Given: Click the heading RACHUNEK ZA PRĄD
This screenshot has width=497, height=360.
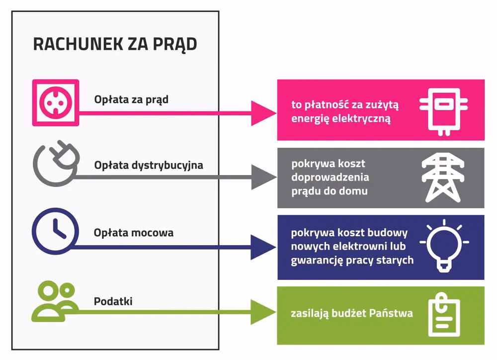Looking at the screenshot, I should pyautogui.click(x=115, y=44).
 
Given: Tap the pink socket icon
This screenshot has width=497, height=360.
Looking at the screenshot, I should pyautogui.click(x=55, y=102).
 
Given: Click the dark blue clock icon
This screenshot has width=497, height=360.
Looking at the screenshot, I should pyautogui.click(x=55, y=232).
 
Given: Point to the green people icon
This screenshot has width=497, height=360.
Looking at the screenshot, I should pyautogui.click(x=55, y=301).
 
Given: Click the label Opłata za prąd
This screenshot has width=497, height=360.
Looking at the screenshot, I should pyautogui.click(x=131, y=99).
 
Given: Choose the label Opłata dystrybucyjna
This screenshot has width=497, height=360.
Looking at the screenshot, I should pyautogui.click(x=149, y=165).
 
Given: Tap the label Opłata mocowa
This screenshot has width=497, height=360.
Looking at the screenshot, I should pyautogui.click(x=134, y=232).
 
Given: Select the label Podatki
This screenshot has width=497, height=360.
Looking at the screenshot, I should pyautogui.click(x=113, y=301).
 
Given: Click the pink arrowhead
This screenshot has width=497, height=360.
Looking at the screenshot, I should pyautogui.click(x=262, y=113).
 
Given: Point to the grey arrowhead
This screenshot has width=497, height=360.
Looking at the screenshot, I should pyautogui.click(x=262, y=177).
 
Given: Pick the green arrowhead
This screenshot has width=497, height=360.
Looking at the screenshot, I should pyautogui.click(x=262, y=312).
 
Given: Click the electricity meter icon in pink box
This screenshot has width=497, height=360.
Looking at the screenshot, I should pyautogui.click(x=443, y=110).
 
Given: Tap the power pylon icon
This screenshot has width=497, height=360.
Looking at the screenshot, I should pyautogui.click(x=443, y=178).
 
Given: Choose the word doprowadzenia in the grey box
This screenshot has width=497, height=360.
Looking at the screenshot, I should pyautogui.click(x=330, y=177).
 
